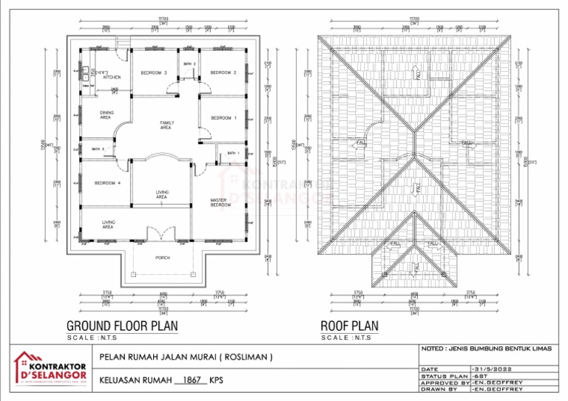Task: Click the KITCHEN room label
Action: [x=112, y=77]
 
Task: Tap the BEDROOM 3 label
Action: [x=154, y=72]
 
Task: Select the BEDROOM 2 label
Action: [x=223, y=72]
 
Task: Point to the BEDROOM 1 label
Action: [x=223, y=118]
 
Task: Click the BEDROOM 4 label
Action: [x=106, y=182]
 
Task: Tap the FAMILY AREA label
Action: [x=166, y=125]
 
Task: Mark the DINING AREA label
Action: [x=106, y=114]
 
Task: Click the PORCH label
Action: [x=162, y=258]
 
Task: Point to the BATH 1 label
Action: [x=233, y=153]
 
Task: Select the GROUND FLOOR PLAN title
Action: [x=122, y=326]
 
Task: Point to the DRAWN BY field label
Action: [x=442, y=389]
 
